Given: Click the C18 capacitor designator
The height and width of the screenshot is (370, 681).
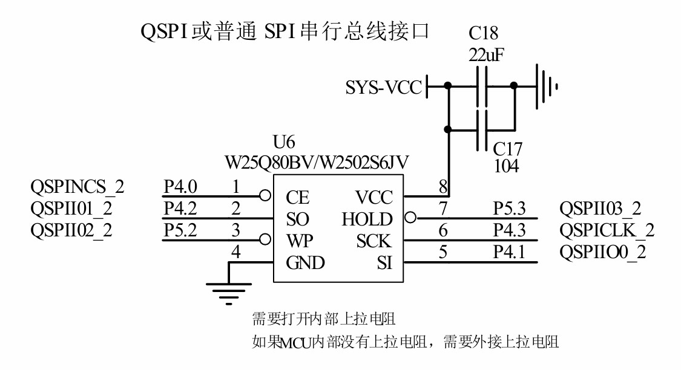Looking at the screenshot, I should tap(483, 33).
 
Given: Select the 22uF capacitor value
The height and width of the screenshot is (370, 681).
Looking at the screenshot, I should tap(486, 54).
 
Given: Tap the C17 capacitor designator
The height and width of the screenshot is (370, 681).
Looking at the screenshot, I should tap(507, 149).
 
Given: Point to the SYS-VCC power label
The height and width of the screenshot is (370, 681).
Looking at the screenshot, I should tap(383, 88).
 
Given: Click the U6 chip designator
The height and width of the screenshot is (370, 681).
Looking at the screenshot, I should tap(285, 144).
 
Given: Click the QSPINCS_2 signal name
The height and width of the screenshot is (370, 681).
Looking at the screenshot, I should tap(77, 187).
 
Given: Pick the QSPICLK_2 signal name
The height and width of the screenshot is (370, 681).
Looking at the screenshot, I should tap(607, 230).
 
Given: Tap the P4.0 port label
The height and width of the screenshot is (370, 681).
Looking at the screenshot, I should tap(180, 187).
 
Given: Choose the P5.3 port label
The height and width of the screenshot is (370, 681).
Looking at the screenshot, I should tap(509, 209).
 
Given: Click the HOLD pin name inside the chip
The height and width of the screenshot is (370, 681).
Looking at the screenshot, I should tap(367, 219).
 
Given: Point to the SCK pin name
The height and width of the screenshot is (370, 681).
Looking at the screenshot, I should tap(374, 241).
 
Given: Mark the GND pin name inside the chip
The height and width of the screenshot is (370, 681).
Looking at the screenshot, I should tap(305, 263).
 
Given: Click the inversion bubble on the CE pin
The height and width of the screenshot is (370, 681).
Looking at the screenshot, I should tap(264, 195).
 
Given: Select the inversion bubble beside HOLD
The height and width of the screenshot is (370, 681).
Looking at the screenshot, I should tap(410, 217).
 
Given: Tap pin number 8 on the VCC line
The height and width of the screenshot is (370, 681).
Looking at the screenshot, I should tap(443, 187).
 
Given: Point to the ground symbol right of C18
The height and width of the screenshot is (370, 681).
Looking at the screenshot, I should tap(546, 86).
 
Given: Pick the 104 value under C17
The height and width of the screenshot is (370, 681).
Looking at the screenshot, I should tap(506, 166).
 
